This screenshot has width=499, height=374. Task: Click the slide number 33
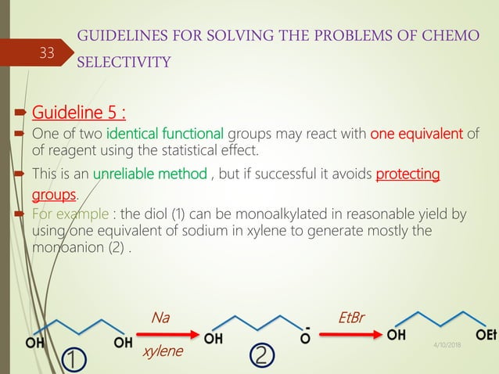coord(48,54)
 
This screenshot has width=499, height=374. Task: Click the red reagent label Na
coord(160,318)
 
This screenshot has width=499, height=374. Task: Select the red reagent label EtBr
coord(351,318)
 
